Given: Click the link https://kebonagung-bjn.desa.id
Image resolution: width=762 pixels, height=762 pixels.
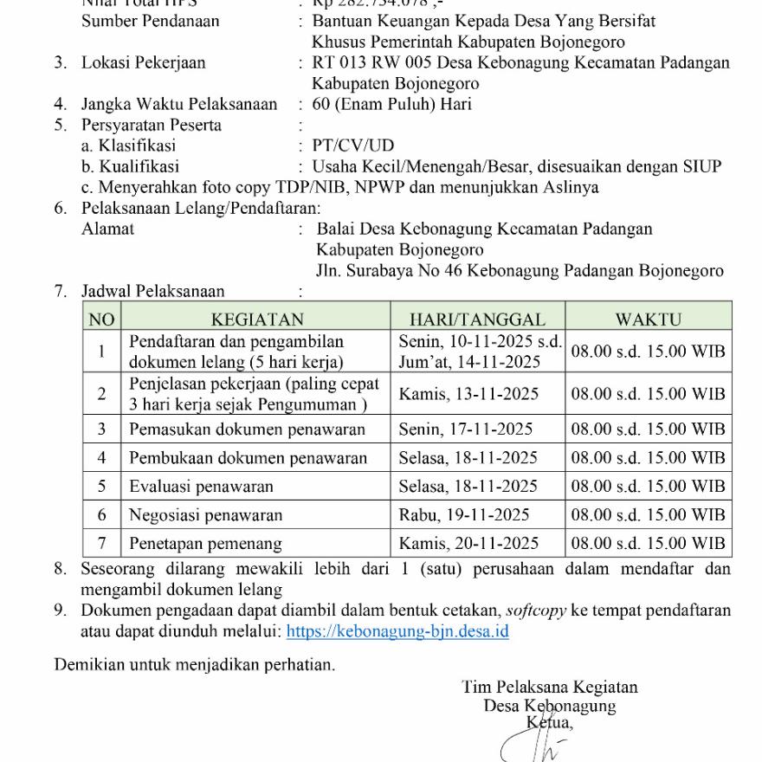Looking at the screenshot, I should pyautogui.click(x=397, y=631).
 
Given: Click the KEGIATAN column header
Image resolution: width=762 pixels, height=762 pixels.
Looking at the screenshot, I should pyautogui.click(x=257, y=320).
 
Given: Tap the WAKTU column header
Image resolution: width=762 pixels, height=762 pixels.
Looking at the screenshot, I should pyautogui.click(x=649, y=320).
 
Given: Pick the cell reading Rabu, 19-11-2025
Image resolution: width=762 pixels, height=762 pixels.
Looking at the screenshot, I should pyautogui.click(x=463, y=515).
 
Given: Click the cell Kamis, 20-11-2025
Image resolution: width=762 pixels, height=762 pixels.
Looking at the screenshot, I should pyautogui.click(x=468, y=544).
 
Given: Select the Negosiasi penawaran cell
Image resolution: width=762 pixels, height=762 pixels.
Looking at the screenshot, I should pyautogui.click(x=206, y=515).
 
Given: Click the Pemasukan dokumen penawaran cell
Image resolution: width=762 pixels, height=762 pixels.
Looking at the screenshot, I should pyautogui.click(x=247, y=429).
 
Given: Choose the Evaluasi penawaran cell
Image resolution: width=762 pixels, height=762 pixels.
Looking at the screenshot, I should pyautogui.click(x=201, y=487).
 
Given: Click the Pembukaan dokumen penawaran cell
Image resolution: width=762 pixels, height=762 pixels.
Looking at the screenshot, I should pyautogui.click(x=248, y=458).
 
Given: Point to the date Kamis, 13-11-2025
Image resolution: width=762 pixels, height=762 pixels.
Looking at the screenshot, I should pyautogui.click(x=468, y=394).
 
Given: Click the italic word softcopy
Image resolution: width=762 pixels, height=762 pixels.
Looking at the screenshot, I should pyautogui.click(x=539, y=610).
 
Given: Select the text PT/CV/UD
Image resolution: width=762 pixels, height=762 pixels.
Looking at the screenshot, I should pyautogui.click(x=353, y=145).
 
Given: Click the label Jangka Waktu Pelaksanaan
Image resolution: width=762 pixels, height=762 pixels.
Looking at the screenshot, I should pyautogui.click(x=179, y=105).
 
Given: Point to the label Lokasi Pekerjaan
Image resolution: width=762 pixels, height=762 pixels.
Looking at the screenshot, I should pyautogui.click(x=144, y=63).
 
